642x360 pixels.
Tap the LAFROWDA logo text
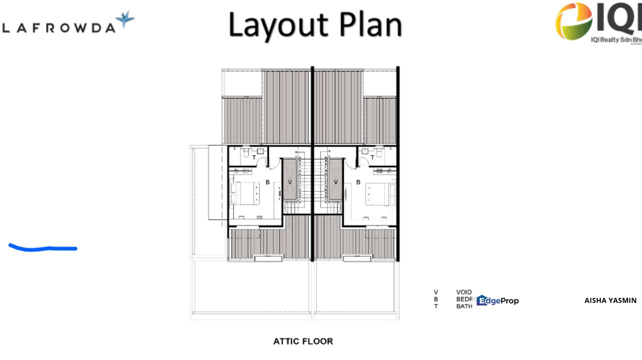[59, 28]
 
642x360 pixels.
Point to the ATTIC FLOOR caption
[303, 341]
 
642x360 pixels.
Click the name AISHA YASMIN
[610, 300]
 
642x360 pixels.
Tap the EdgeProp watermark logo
[497, 300]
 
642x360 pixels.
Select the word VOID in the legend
[464, 292]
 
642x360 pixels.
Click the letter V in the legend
[436, 292]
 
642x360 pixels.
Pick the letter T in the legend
[436, 306]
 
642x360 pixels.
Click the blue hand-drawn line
[43, 247]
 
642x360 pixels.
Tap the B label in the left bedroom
[267, 182]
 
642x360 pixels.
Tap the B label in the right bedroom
[358, 182]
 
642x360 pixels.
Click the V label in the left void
[290, 182]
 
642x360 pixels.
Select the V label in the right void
[335, 182]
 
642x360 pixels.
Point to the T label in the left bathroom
[254, 158]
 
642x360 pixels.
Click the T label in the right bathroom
[372, 158]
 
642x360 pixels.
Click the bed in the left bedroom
[245, 193]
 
